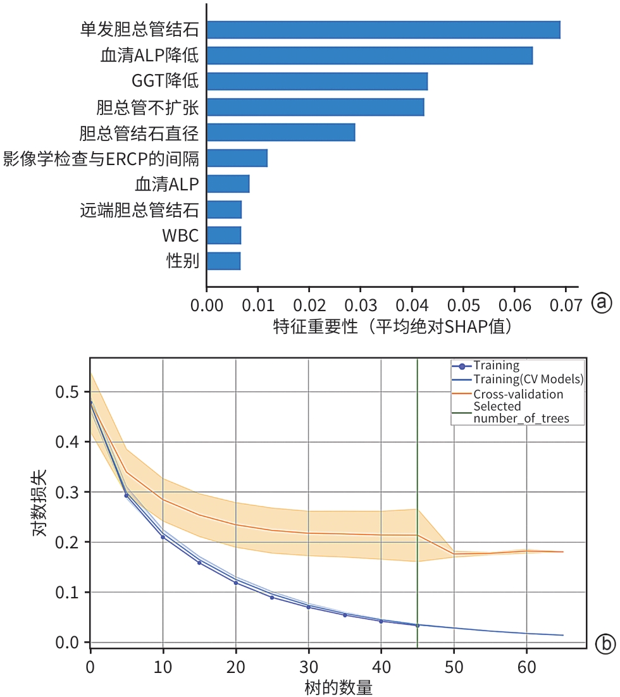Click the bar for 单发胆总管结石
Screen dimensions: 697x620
(x=383, y=30)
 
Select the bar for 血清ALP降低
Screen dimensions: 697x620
(x=369, y=56)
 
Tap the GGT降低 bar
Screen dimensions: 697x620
(x=317, y=82)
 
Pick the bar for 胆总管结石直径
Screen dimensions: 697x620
(x=280, y=133)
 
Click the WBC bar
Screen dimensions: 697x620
(x=223, y=235)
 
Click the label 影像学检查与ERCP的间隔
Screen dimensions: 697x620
(x=101, y=158)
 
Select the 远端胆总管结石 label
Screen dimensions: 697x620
(x=139, y=210)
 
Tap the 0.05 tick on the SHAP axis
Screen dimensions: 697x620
(x=463, y=305)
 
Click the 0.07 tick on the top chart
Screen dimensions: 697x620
(x=566, y=305)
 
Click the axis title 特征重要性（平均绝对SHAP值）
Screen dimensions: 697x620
(x=392, y=327)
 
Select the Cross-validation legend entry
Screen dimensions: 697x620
(x=518, y=394)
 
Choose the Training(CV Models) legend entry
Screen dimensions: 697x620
(x=528, y=379)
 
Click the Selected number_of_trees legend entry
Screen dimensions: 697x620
(x=520, y=412)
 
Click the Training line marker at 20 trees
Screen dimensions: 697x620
(x=236, y=583)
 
